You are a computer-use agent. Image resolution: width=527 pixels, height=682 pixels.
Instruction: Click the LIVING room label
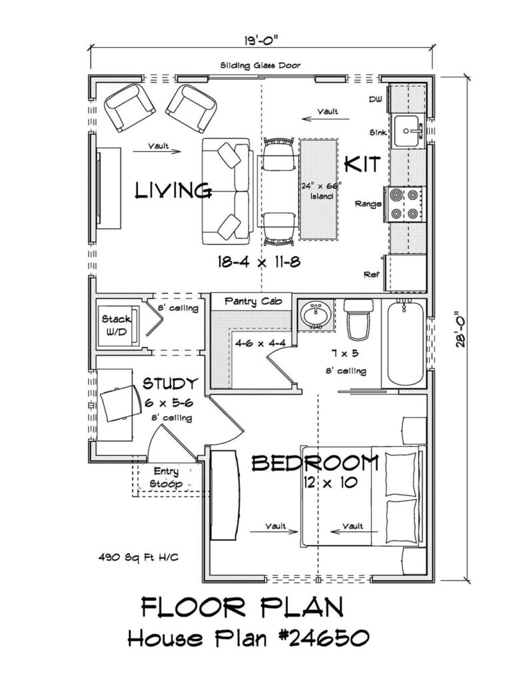point(173,190)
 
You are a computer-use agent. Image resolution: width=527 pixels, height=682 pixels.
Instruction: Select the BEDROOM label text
point(315,462)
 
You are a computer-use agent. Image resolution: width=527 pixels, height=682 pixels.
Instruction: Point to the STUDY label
point(171,384)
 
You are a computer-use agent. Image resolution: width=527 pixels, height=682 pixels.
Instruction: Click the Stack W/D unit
point(117,324)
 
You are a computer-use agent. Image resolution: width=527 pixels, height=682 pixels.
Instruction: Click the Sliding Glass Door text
point(261,65)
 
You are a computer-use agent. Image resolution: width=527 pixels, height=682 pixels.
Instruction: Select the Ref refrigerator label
point(371,274)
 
